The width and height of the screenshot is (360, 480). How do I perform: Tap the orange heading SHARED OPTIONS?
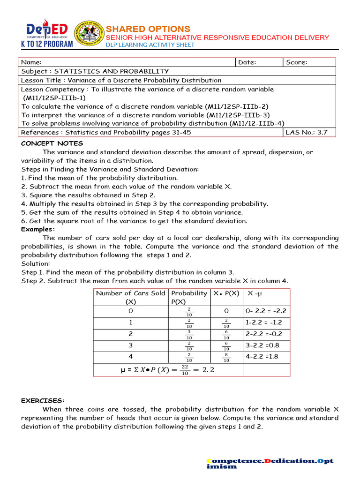point(148,29)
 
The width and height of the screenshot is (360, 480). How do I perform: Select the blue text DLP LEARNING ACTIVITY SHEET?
point(150,45)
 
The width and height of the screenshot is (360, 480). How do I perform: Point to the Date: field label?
point(247,62)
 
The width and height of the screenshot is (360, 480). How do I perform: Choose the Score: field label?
point(296,62)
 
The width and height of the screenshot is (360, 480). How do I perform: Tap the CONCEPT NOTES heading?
point(52,143)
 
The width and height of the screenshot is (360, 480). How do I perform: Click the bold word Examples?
point(38,229)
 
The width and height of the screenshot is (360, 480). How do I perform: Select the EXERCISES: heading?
point(43,400)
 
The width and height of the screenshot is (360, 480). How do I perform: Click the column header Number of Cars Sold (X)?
point(130,297)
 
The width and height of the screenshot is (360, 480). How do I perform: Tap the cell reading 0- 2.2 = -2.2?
point(266,311)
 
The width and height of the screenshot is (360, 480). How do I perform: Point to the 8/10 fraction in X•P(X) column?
point(226,358)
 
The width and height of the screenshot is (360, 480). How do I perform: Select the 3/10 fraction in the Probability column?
point(189,335)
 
